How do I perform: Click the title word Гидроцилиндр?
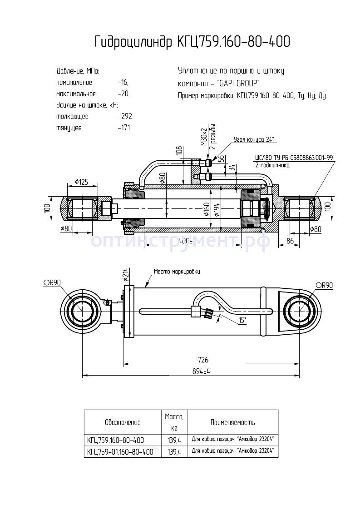pyautogui.click(x=133, y=42)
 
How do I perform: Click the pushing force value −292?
pyautogui.click(x=124, y=116)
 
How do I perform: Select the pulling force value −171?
pyautogui.click(x=123, y=128)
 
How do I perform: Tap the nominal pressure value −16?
pyautogui.click(x=123, y=83)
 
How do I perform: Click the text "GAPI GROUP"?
pyautogui.click(x=239, y=84)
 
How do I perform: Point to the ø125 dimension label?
pyautogui.click(x=81, y=182)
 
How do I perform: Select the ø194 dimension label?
pyautogui.click(x=217, y=209)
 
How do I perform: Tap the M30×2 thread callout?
pyautogui.click(x=204, y=137)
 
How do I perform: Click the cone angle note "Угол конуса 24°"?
pyautogui.click(x=254, y=139)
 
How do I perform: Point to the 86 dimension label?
pyautogui.click(x=290, y=241)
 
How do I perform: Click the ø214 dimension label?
pyautogui.click(x=126, y=274)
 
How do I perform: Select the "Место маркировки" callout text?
pyautogui.click(x=177, y=272)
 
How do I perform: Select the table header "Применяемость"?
pyautogui.click(x=232, y=422)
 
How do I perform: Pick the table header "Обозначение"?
pyautogui.click(x=122, y=422)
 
